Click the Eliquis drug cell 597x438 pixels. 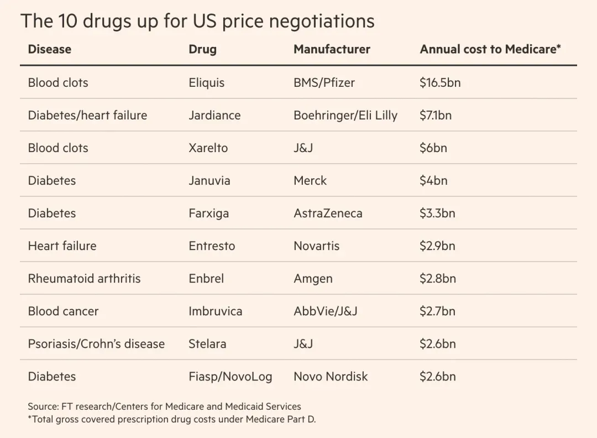207,83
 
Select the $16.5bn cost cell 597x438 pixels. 440,83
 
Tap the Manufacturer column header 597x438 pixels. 332,49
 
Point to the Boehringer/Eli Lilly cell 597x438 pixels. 345,116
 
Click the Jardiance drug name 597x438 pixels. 214,116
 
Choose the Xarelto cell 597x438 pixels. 208,148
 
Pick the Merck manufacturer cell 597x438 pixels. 310,181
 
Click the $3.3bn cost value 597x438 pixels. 437,213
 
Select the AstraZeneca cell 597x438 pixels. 328,213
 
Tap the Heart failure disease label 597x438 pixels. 62,246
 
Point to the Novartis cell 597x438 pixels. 316,246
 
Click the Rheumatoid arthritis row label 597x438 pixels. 84,279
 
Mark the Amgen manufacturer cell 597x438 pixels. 313,279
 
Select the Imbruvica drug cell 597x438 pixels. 215,311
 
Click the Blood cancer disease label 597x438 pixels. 63,311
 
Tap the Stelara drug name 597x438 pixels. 207,344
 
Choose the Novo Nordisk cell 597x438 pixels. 331,377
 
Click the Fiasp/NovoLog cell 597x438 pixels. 230,377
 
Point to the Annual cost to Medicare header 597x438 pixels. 490,49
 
